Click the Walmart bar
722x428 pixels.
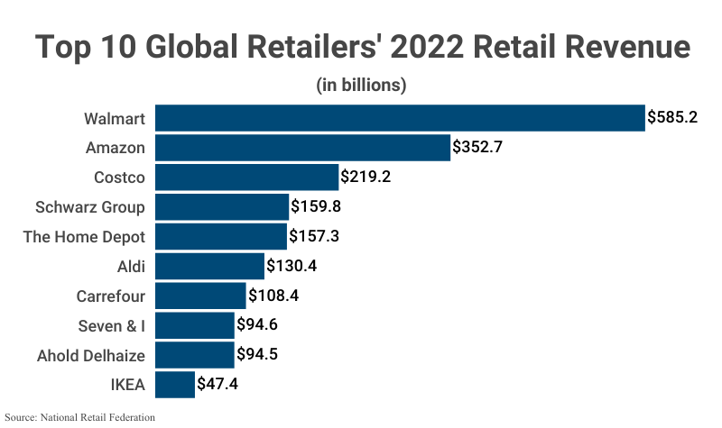point(400,118)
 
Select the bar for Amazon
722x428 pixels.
point(302,148)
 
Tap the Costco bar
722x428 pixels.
point(246,178)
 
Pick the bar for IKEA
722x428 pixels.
point(175,385)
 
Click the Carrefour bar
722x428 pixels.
point(200,296)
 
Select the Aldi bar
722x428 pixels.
point(209,266)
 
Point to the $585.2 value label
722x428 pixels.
point(672,118)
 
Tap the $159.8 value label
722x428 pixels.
point(316,207)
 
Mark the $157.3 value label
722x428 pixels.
point(315,236)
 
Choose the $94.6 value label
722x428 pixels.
point(257,325)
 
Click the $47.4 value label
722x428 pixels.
point(218,385)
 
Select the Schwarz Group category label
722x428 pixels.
point(90,207)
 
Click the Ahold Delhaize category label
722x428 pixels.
point(91,355)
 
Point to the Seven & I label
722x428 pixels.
point(104,325)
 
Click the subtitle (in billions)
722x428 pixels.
point(361,86)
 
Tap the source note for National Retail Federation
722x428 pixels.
point(79,418)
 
